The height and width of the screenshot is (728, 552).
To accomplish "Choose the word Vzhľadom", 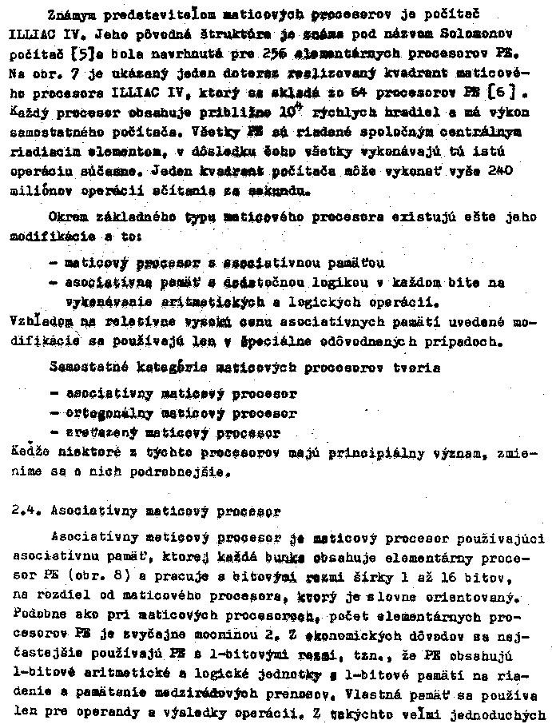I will click(x=39, y=321).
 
